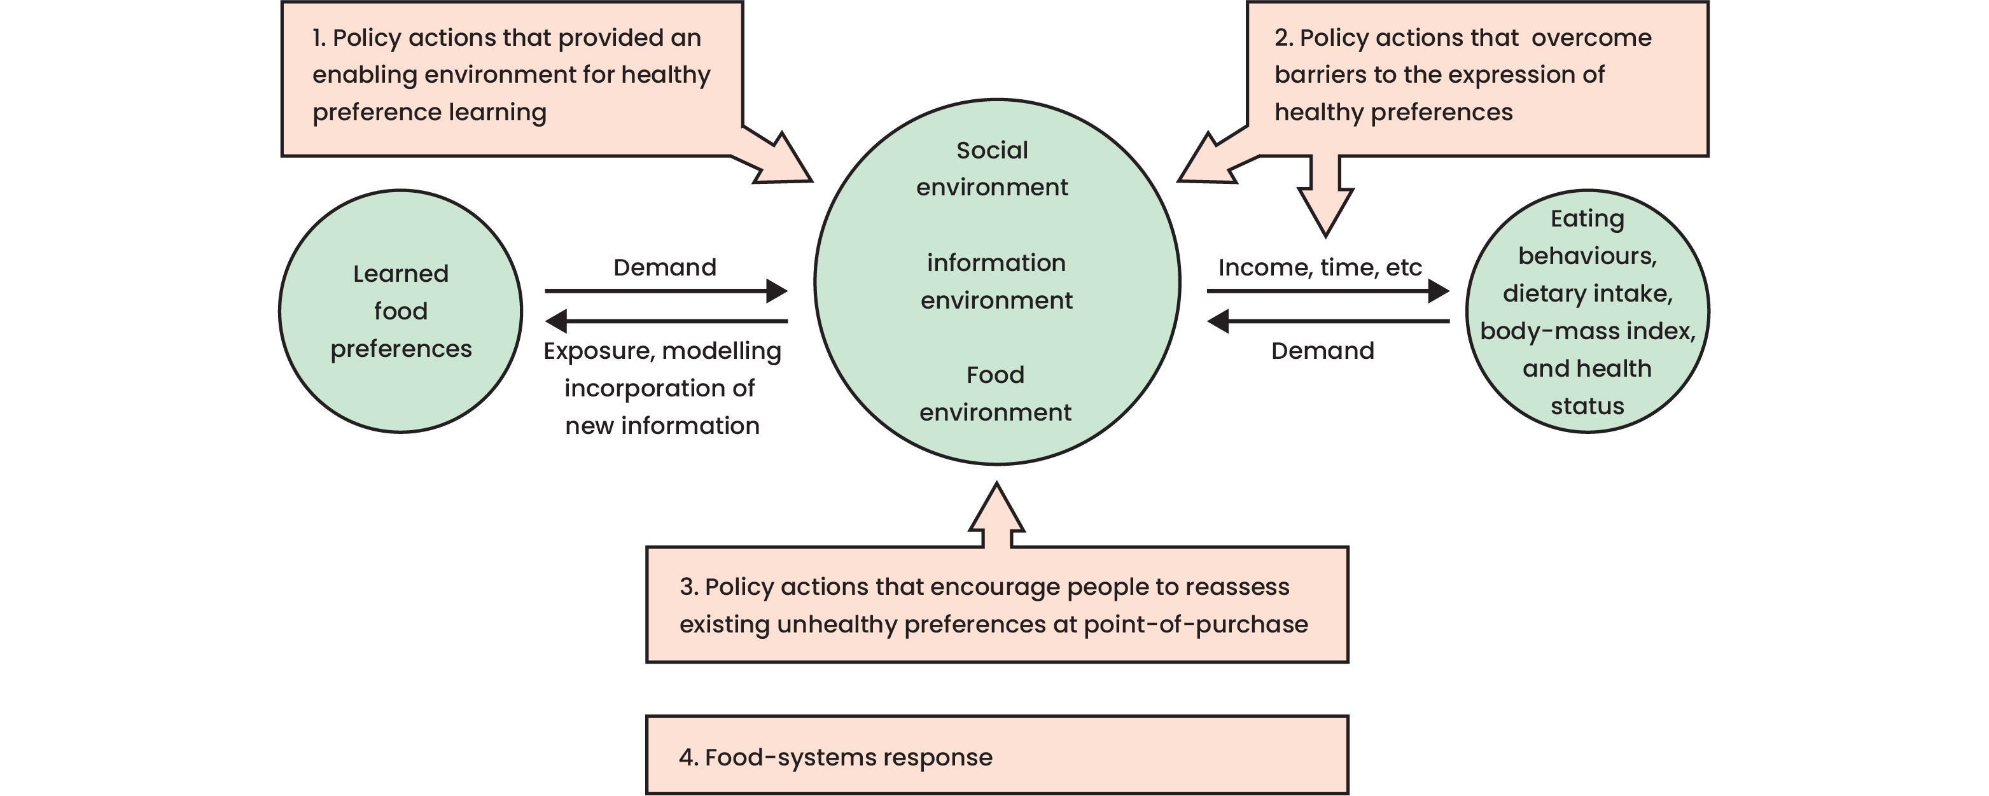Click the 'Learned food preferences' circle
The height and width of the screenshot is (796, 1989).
[400, 311]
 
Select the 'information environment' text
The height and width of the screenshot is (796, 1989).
[996, 281]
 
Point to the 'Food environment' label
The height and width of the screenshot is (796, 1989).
[995, 393]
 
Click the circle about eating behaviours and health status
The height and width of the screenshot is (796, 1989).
[1587, 311]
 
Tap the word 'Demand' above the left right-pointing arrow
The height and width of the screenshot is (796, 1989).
[664, 267]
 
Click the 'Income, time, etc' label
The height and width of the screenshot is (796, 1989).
[1320, 267]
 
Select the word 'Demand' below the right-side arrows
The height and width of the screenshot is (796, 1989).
[1323, 351]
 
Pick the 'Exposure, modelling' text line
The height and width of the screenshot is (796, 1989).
[662, 351]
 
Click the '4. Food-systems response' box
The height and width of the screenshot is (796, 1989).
[997, 755]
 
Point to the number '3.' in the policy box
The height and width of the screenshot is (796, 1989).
[688, 587]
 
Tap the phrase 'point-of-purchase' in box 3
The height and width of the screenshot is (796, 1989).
[1196, 624]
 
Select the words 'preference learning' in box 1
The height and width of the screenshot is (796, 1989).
[429, 112]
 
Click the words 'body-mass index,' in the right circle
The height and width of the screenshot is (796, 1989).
[1588, 330]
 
